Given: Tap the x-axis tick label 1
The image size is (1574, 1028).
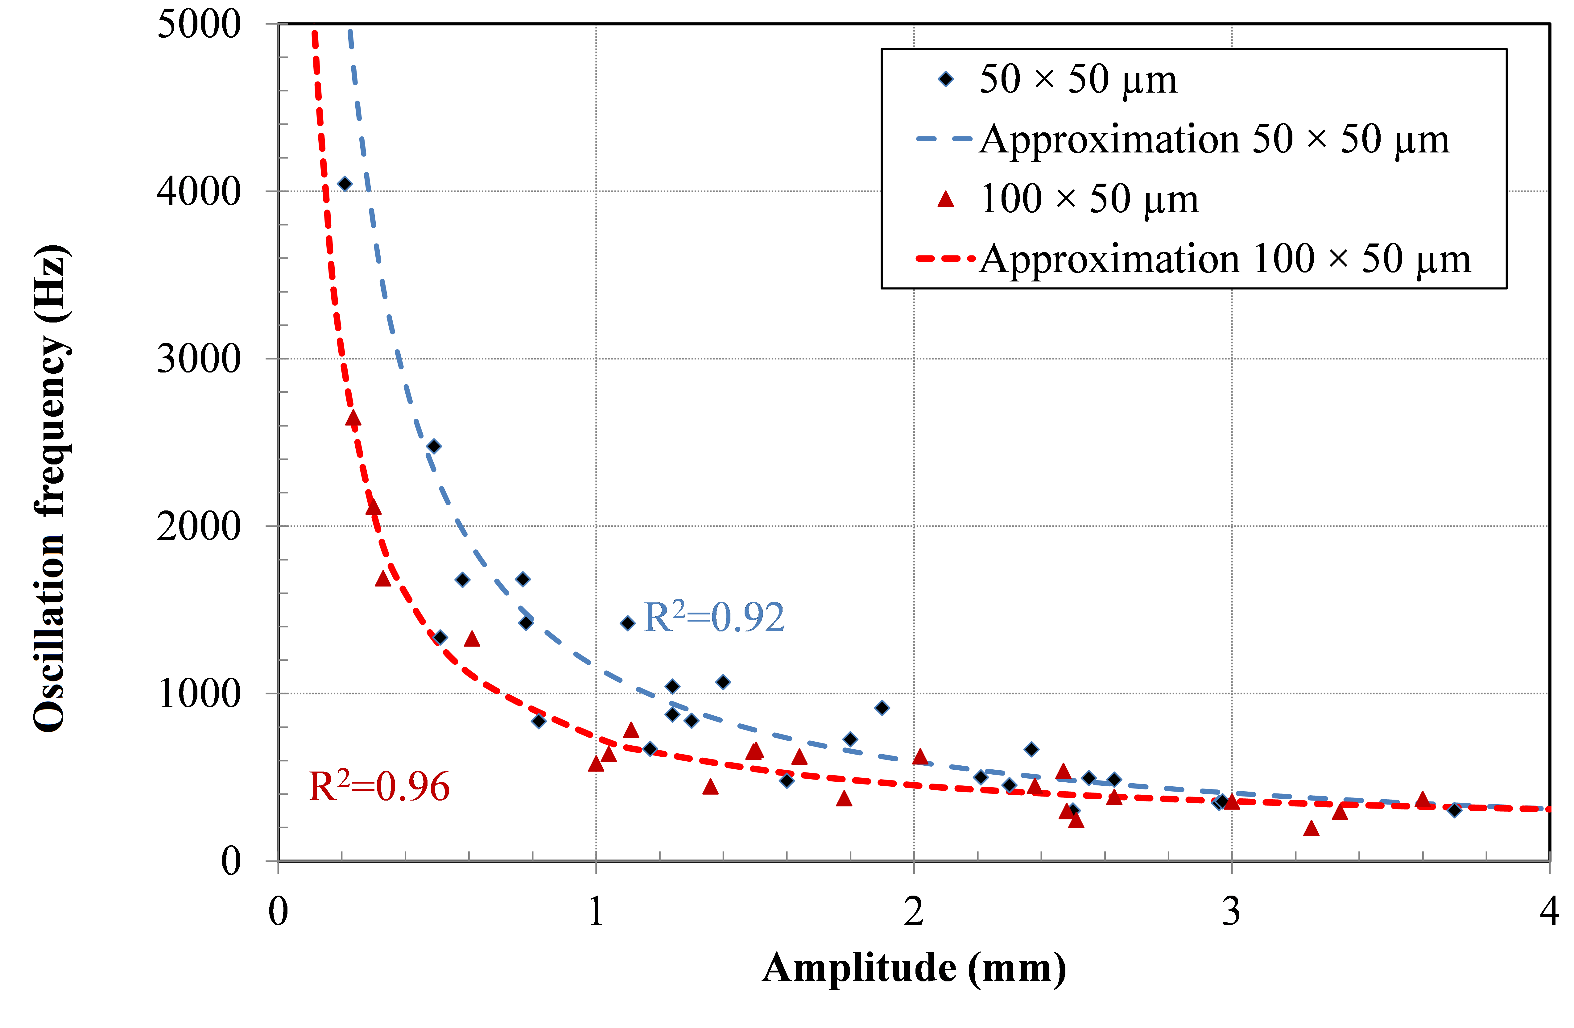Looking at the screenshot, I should click(x=596, y=912).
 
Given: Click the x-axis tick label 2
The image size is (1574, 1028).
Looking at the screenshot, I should click(x=914, y=912).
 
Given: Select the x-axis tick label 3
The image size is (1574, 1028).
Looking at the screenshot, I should click(x=1231, y=912).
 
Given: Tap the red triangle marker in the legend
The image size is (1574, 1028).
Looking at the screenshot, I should click(x=946, y=199).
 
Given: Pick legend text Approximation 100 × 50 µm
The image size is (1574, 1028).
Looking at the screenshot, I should click(x=1225, y=259).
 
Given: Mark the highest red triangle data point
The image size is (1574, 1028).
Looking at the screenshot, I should click(x=353, y=418).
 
